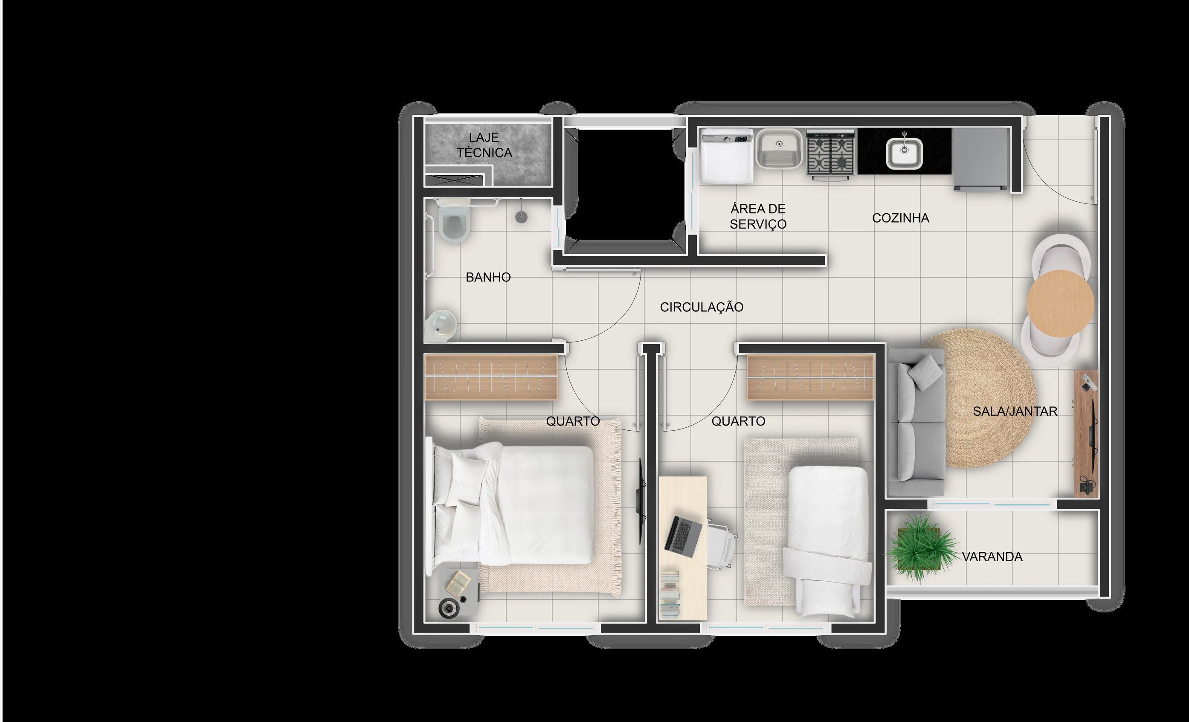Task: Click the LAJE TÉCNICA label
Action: (484, 145)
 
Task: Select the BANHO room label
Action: (488, 277)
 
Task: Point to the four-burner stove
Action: (830, 154)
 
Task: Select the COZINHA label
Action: (900, 218)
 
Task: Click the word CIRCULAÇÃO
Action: (702, 307)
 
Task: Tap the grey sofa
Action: (916, 422)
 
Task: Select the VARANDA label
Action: (992, 557)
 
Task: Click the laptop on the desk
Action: (684, 534)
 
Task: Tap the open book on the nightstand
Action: (458, 583)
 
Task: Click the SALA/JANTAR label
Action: (1015, 411)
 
